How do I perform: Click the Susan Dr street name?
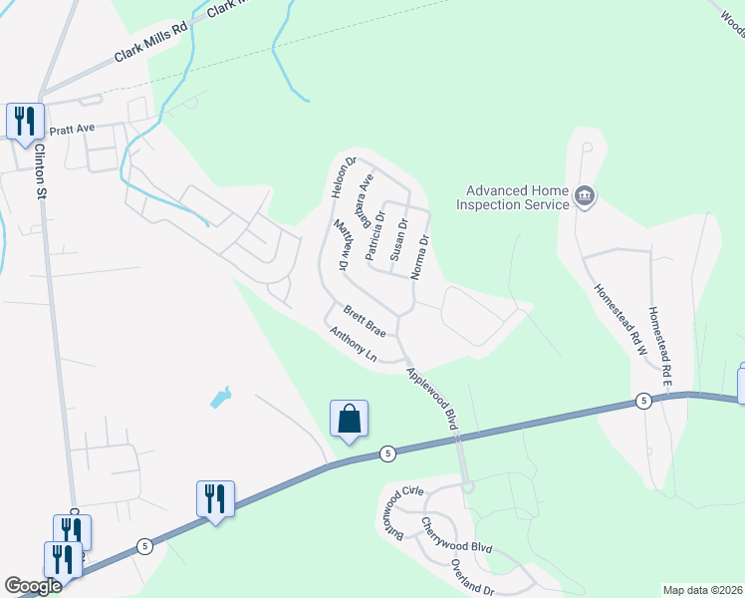coord(396,240)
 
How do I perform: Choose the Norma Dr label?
coord(421,256)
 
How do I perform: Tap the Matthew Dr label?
coord(343,245)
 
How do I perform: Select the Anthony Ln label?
coord(354,345)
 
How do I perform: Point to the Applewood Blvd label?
coord(431,399)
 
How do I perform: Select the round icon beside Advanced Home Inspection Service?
coord(585,197)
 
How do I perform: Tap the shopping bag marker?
coord(350,419)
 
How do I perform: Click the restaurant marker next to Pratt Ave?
coord(24,122)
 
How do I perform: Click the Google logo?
coord(34,586)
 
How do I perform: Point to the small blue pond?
coord(220,398)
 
